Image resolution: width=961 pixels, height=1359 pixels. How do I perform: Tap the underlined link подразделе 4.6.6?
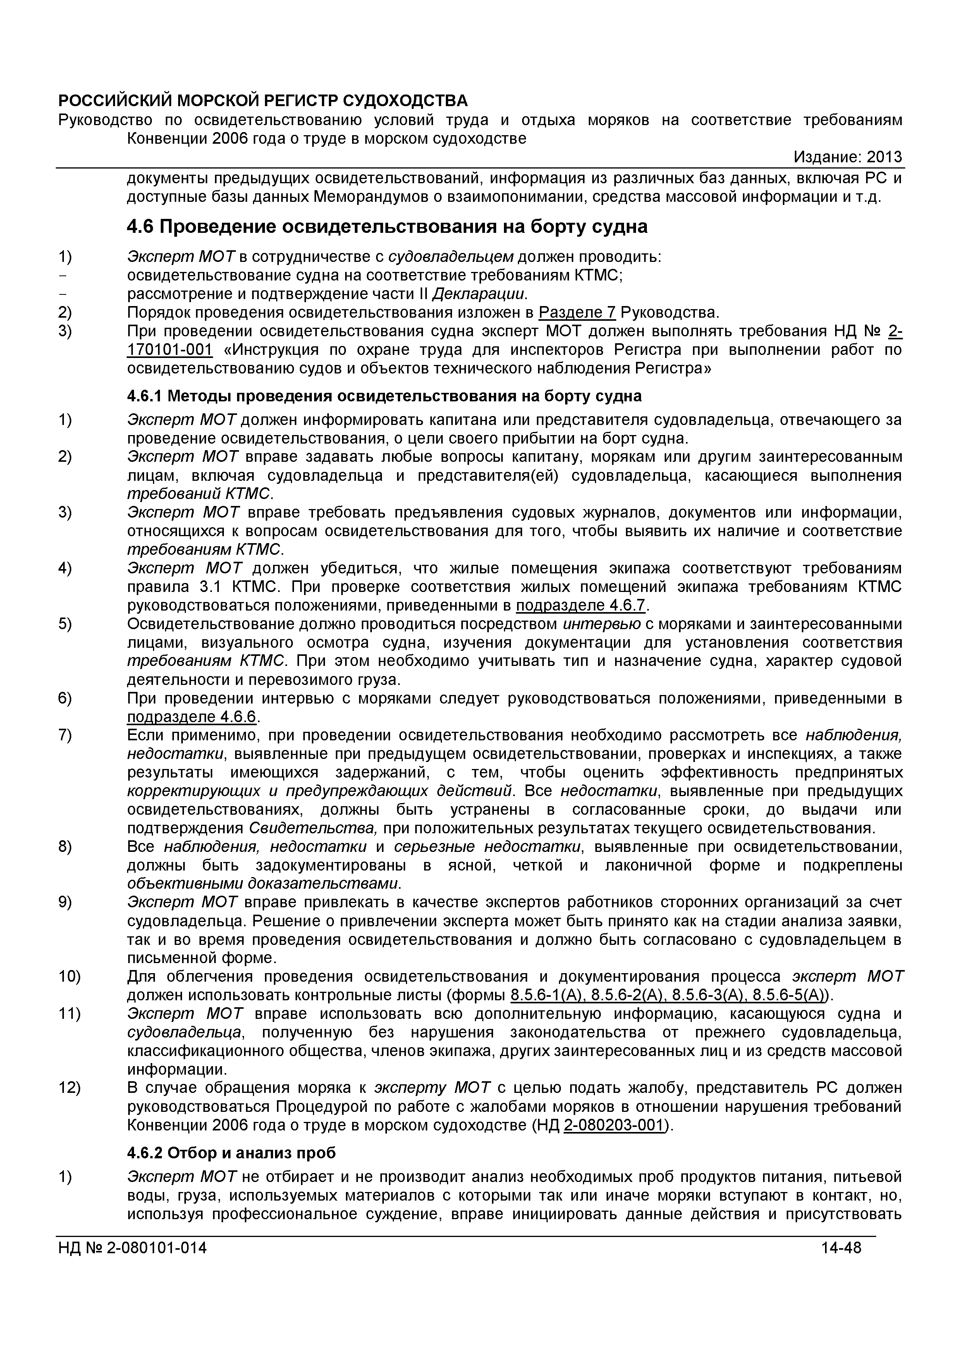193,717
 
